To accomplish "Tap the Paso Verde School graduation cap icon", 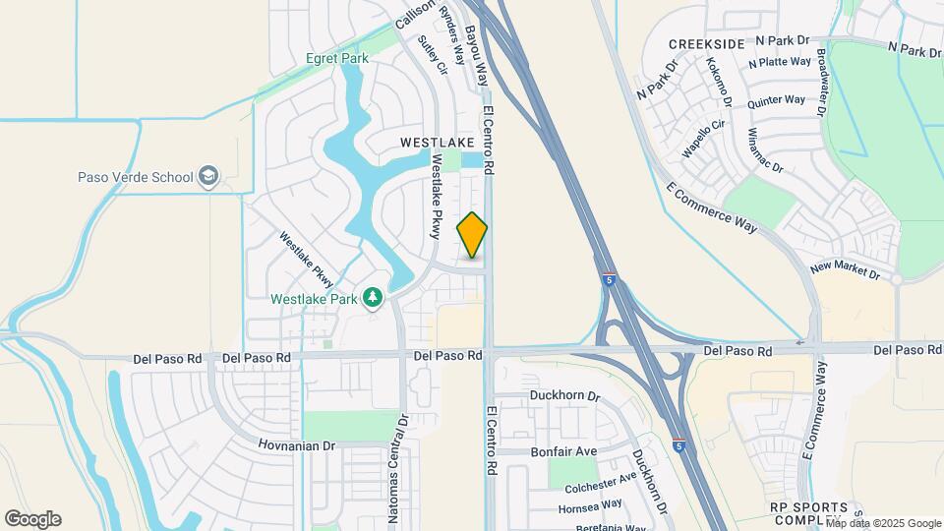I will [x=207, y=177].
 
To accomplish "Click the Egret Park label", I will [x=337, y=59].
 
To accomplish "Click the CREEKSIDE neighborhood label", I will [x=706, y=45].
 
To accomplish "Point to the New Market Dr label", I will [x=845, y=268].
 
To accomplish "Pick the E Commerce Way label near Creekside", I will [x=712, y=207].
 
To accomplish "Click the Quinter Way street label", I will [x=776, y=100].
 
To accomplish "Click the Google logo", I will [x=32, y=519].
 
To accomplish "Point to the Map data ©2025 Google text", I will [x=883, y=523].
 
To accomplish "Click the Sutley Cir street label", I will [x=433, y=56].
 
